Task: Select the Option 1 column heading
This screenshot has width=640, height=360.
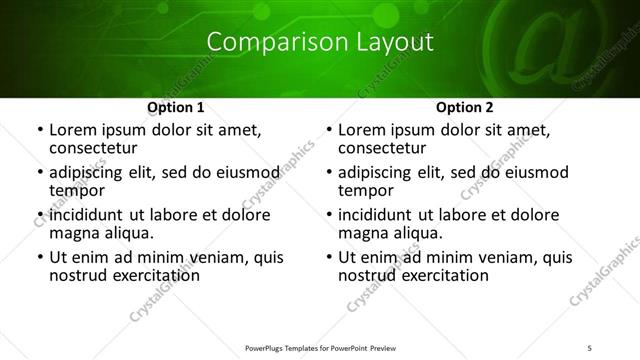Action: tap(176, 107)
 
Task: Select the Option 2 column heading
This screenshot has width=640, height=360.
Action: tap(465, 107)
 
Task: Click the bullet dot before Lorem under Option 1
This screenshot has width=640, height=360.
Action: tap(39, 130)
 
